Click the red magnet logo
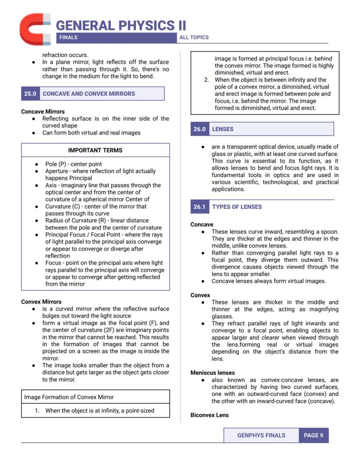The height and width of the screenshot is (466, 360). coord(34,29)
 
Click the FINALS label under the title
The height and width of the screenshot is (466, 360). coord(68,37)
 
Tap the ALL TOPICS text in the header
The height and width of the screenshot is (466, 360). coord(194,37)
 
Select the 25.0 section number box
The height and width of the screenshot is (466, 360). coord(30,94)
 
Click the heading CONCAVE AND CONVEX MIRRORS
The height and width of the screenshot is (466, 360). coord(89,94)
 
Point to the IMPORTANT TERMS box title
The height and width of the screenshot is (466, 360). coord(95,150)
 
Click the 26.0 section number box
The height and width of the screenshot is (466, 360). coord(200,129)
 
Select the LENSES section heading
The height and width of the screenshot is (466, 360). coord(223,129)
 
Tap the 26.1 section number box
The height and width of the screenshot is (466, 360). coord(200,207)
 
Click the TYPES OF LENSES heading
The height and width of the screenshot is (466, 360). coord(237,207)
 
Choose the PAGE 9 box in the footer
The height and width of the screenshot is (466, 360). coord(313,435)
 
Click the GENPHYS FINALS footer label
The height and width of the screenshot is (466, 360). coord(261,435)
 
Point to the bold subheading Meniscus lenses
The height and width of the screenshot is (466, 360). coord(213,373)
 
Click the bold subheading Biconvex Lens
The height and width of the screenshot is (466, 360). coord(210,415)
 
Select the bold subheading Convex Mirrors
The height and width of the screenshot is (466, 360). coord(41,302)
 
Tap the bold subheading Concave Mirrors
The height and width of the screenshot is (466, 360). coord(43,111)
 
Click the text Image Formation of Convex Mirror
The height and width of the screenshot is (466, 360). coord(69,397)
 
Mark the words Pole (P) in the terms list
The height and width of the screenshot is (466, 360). coord(56,164)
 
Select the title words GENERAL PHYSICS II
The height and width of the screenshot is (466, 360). coord(121,25)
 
